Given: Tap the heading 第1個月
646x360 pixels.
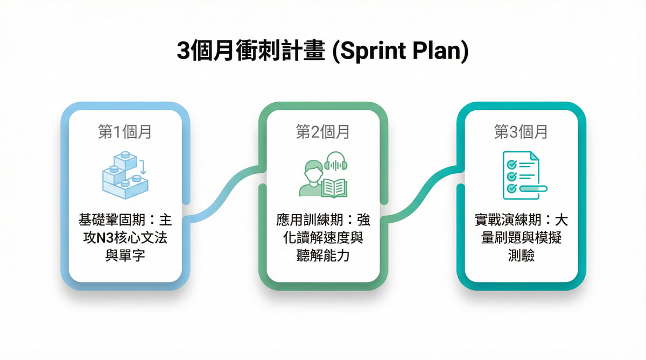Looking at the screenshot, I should coord(125,132).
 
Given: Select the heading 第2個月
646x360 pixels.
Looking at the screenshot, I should coord(323,132).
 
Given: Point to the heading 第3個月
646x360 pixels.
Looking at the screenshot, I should coord(521,132).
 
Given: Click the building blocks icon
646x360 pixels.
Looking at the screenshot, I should coord(124,173).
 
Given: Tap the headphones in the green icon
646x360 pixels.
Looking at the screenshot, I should coord(335,162).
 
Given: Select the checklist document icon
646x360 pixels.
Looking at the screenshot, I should coord(521,174).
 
